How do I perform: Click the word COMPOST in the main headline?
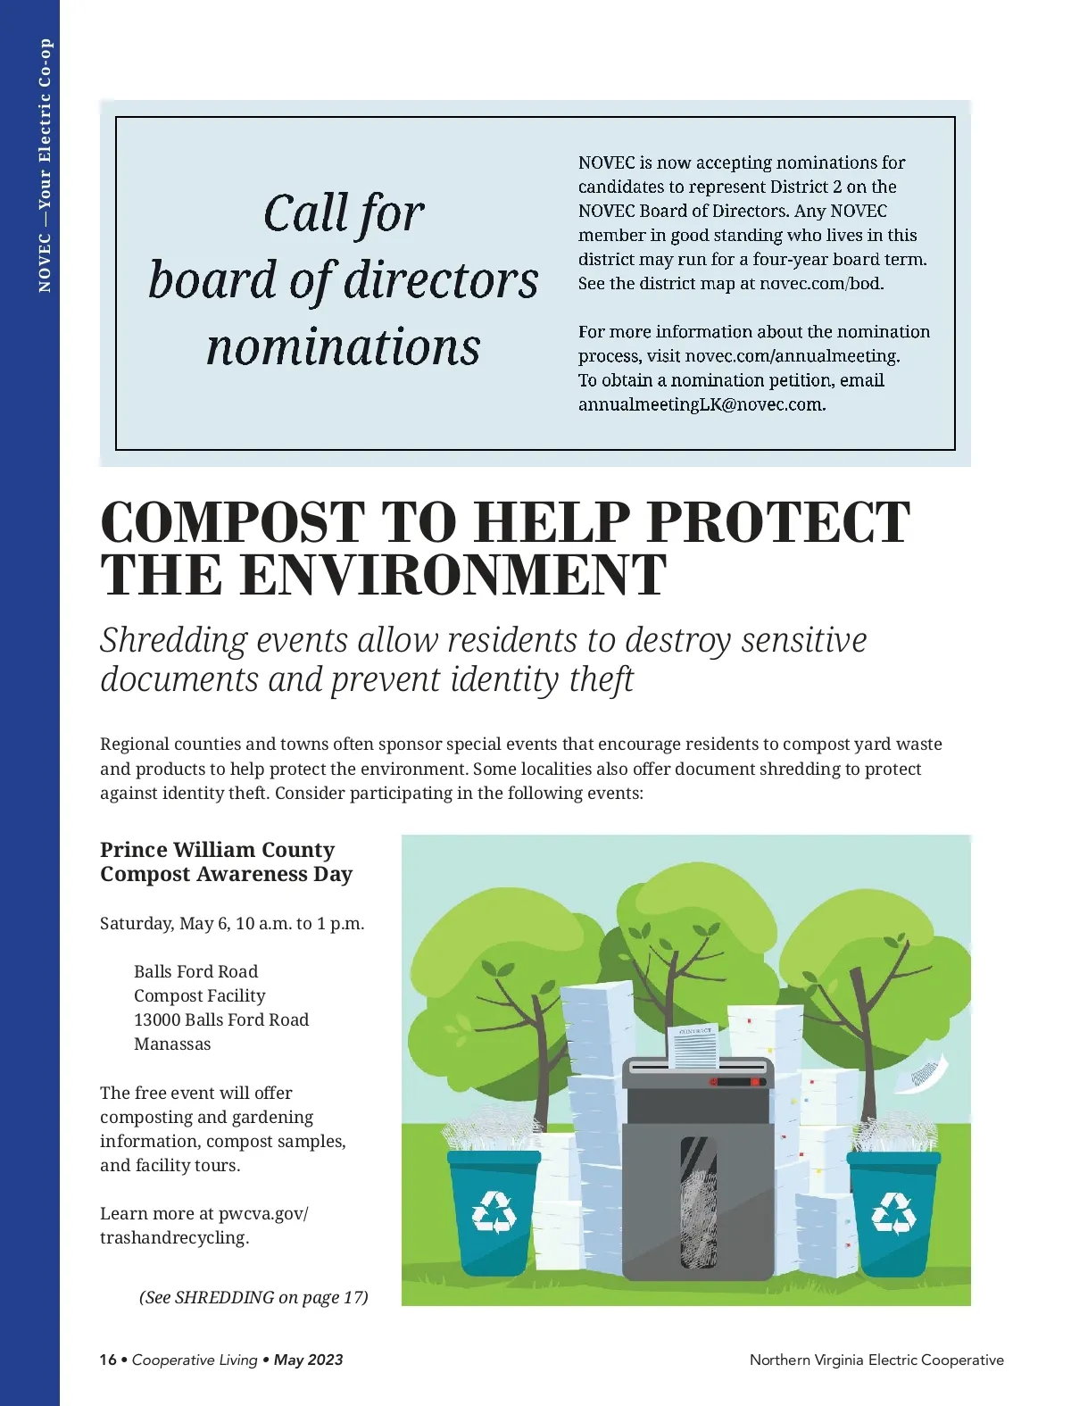(233, 523)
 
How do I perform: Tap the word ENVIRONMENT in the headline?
(452, 576)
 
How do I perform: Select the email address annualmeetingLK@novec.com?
(701, 404)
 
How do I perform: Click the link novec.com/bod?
(820, 284)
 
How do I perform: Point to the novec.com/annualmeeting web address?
(792, 356)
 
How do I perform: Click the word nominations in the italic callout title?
(344, 347)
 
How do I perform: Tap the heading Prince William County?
(217, 850)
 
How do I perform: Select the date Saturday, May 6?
(163, 924)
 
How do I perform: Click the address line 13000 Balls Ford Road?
(221, 1020)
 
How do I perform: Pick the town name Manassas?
(172, 1044)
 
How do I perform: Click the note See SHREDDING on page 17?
(253, 1297)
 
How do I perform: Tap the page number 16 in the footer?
(108, 1360)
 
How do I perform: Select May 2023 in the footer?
(308, 1360)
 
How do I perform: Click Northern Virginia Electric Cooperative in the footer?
(876, 1360)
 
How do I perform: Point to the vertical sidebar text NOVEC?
(45, 262)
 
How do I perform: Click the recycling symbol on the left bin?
(494, 1212)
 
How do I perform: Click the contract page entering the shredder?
(694, 1045)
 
